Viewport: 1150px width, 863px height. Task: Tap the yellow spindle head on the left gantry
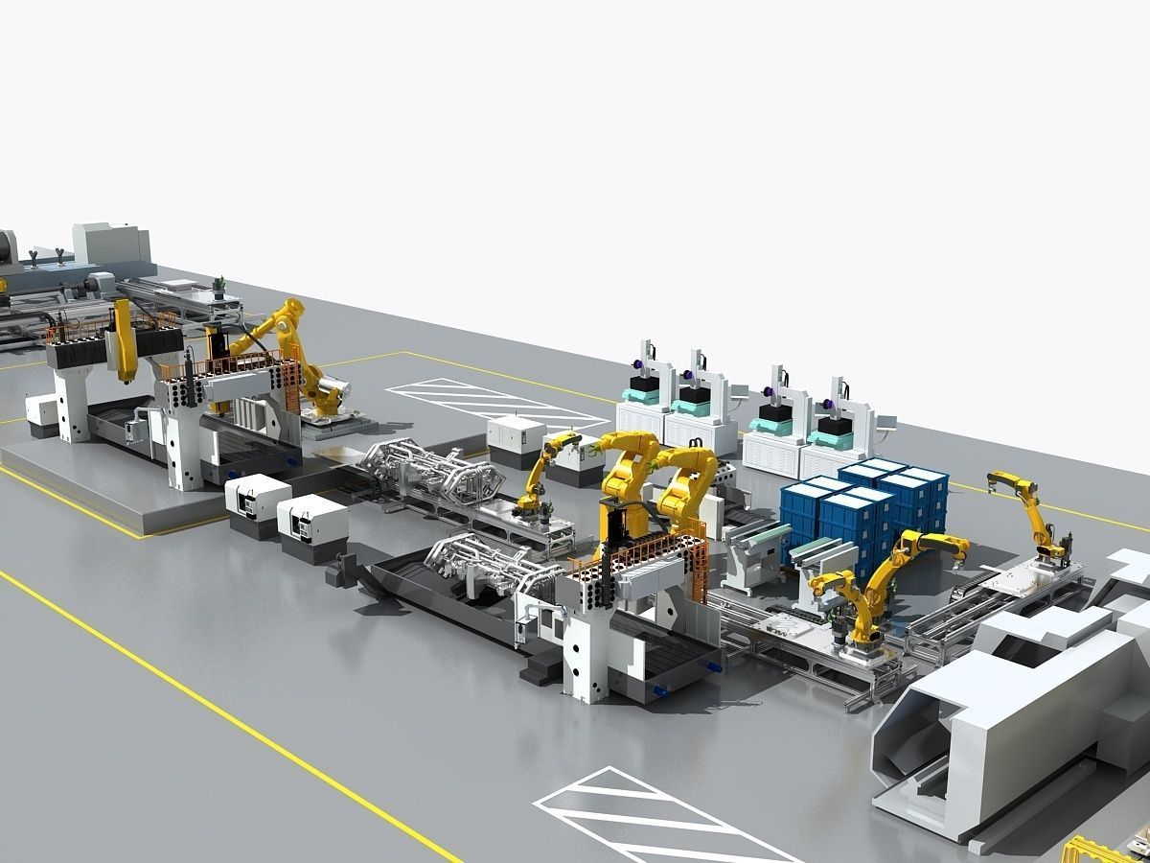click(123, 340)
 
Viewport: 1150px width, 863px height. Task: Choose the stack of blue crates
click(862, 508)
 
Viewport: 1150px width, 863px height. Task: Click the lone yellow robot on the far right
click(1030, 513)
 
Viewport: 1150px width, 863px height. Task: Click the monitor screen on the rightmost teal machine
click(890, 419)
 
